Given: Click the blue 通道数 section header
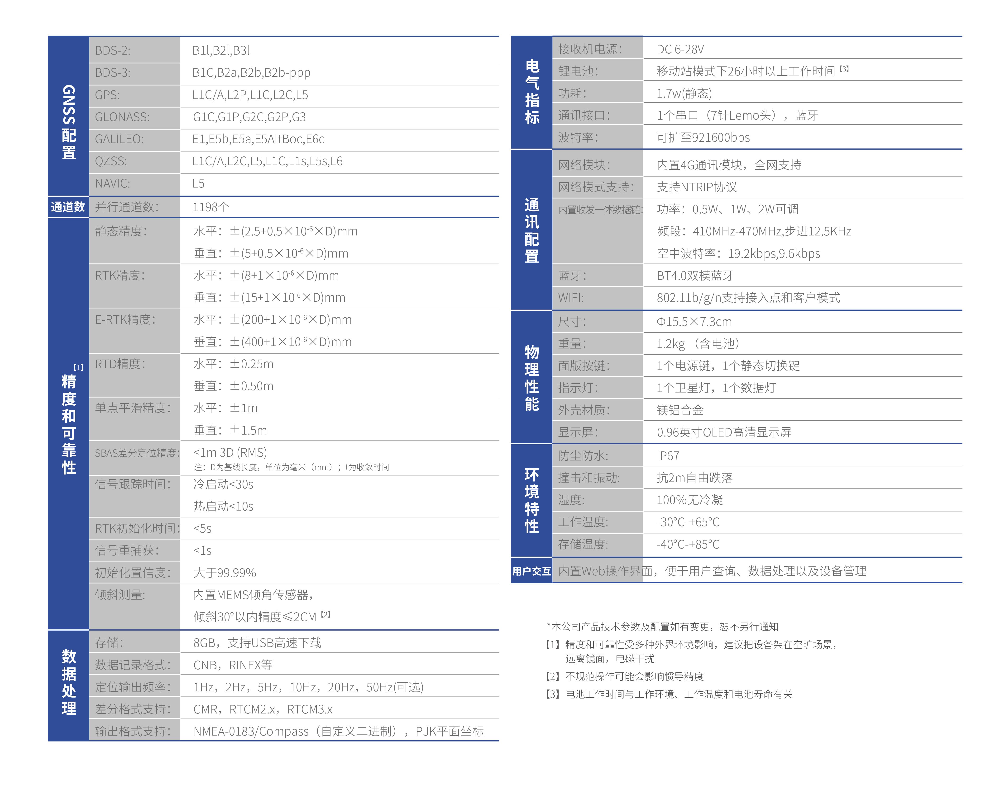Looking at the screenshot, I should click(x=68, y=207).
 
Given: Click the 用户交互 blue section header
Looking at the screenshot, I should click(x=531, y=571).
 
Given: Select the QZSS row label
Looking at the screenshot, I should click(x=111, y=161).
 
